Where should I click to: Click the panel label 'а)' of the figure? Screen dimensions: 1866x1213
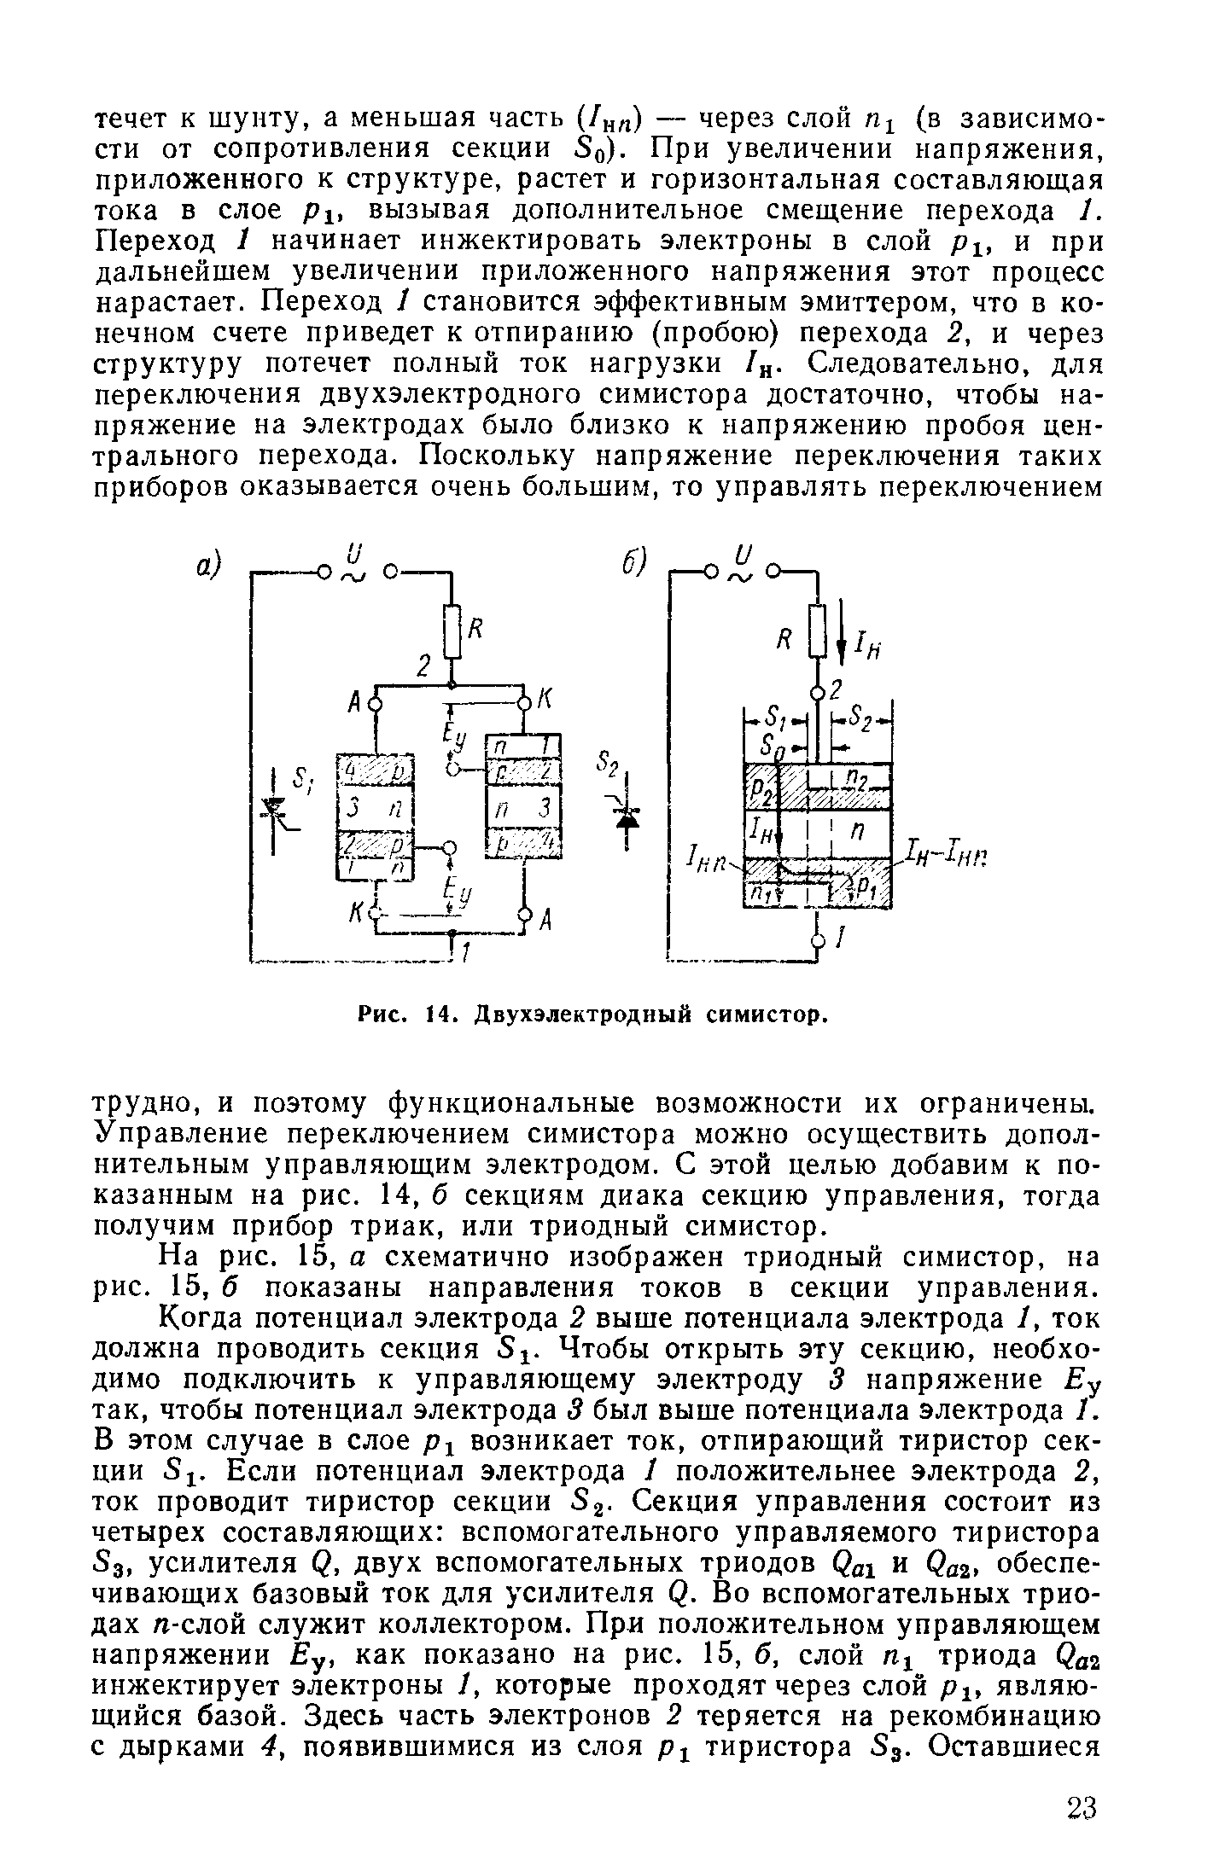(207, 566)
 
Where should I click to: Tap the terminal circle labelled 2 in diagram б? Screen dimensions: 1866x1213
(818, 691)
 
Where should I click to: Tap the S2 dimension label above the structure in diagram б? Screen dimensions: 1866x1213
(862, 718)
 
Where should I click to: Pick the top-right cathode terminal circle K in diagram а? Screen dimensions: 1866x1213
(522, 703)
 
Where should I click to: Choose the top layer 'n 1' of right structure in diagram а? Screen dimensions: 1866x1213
(522, 747)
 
